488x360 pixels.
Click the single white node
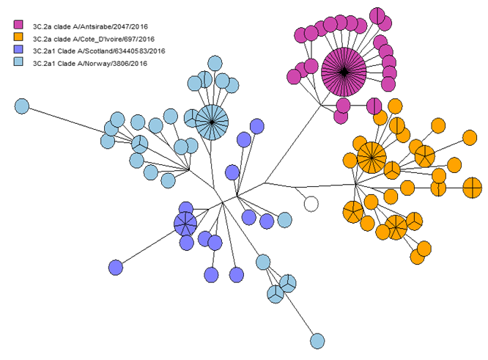pyautogui.click(x=311, y=204)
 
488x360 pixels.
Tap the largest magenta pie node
pyautogui.click(x=344, y=70)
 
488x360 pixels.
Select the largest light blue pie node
pyautogui.click(x=212, y=121)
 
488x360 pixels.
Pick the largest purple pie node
pyautogui.click(x=186, y=224)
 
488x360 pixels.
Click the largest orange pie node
pyautogui.click(x=371, y=156)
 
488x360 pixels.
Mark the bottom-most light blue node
pyautogui.click(x=317, y=341)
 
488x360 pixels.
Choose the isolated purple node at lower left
pyautogui.click(x=115, y=267)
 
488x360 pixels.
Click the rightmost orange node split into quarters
pyautogui.click(x=473, y=188)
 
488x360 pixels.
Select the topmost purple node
pyautogui.click(x=256, y=126)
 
